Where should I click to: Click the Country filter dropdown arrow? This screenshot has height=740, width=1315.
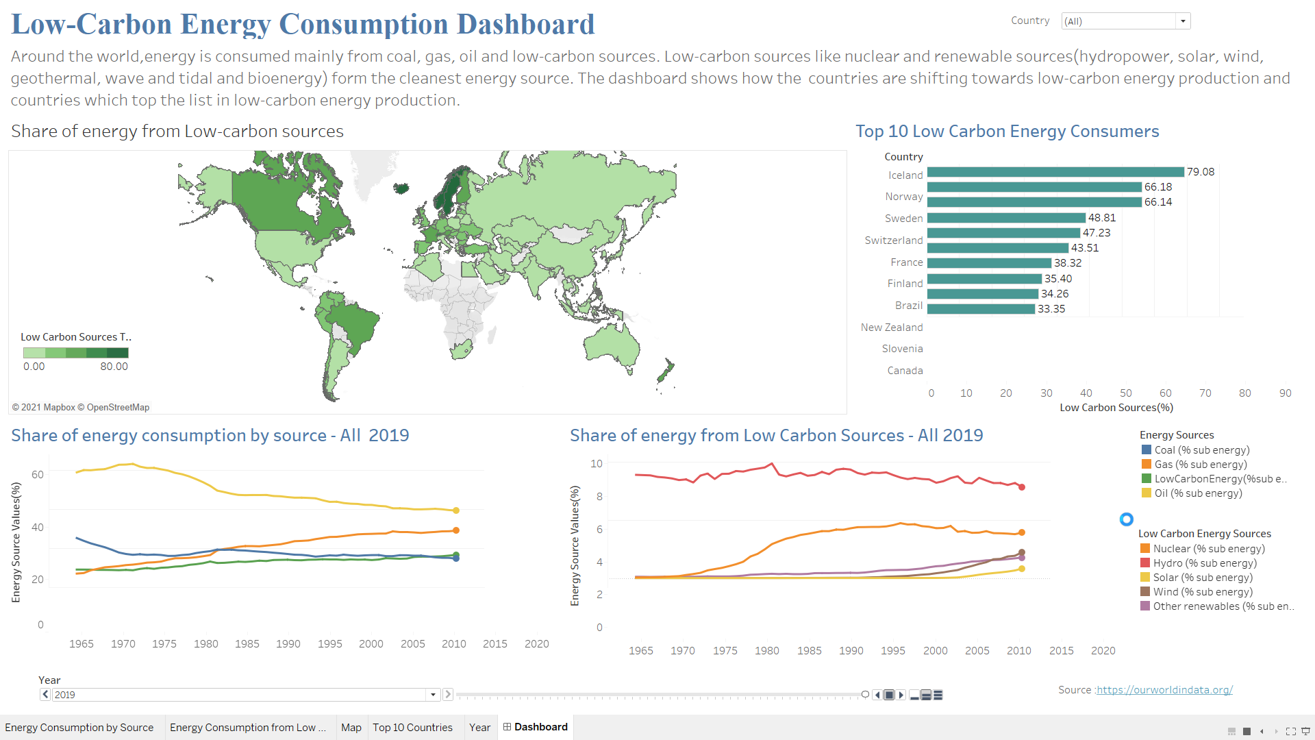[x=1183, y=21]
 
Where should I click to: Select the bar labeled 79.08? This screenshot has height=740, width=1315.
[x=1055, y=172]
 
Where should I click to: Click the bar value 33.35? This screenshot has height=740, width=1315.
[x=1051, y=309]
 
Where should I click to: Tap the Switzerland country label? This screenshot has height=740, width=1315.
[x=893, y=241]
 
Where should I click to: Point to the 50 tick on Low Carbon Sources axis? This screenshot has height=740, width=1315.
[x=1125, y=393]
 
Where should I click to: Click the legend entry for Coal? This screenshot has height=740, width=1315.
[x=1201, y=450]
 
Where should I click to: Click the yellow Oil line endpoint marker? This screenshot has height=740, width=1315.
[x=456, y=510]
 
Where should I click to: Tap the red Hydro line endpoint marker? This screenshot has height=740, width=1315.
[x=1022, y=487]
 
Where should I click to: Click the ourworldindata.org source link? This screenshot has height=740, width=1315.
[x=1164, y=690]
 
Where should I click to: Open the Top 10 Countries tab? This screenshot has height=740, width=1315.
[x=412, y=728]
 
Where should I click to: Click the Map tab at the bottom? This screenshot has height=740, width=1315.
[x=351, y=728]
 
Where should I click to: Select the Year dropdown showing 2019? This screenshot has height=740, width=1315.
[x=240, y=695]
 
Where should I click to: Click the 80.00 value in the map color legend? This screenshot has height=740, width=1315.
[x=114, y=367]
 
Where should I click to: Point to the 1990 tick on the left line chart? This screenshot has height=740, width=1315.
[x=288, y=644]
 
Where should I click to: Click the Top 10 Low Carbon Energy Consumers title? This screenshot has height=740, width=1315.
[x=1007, y=132]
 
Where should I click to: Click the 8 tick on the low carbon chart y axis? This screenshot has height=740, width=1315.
[x=599, y=496]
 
